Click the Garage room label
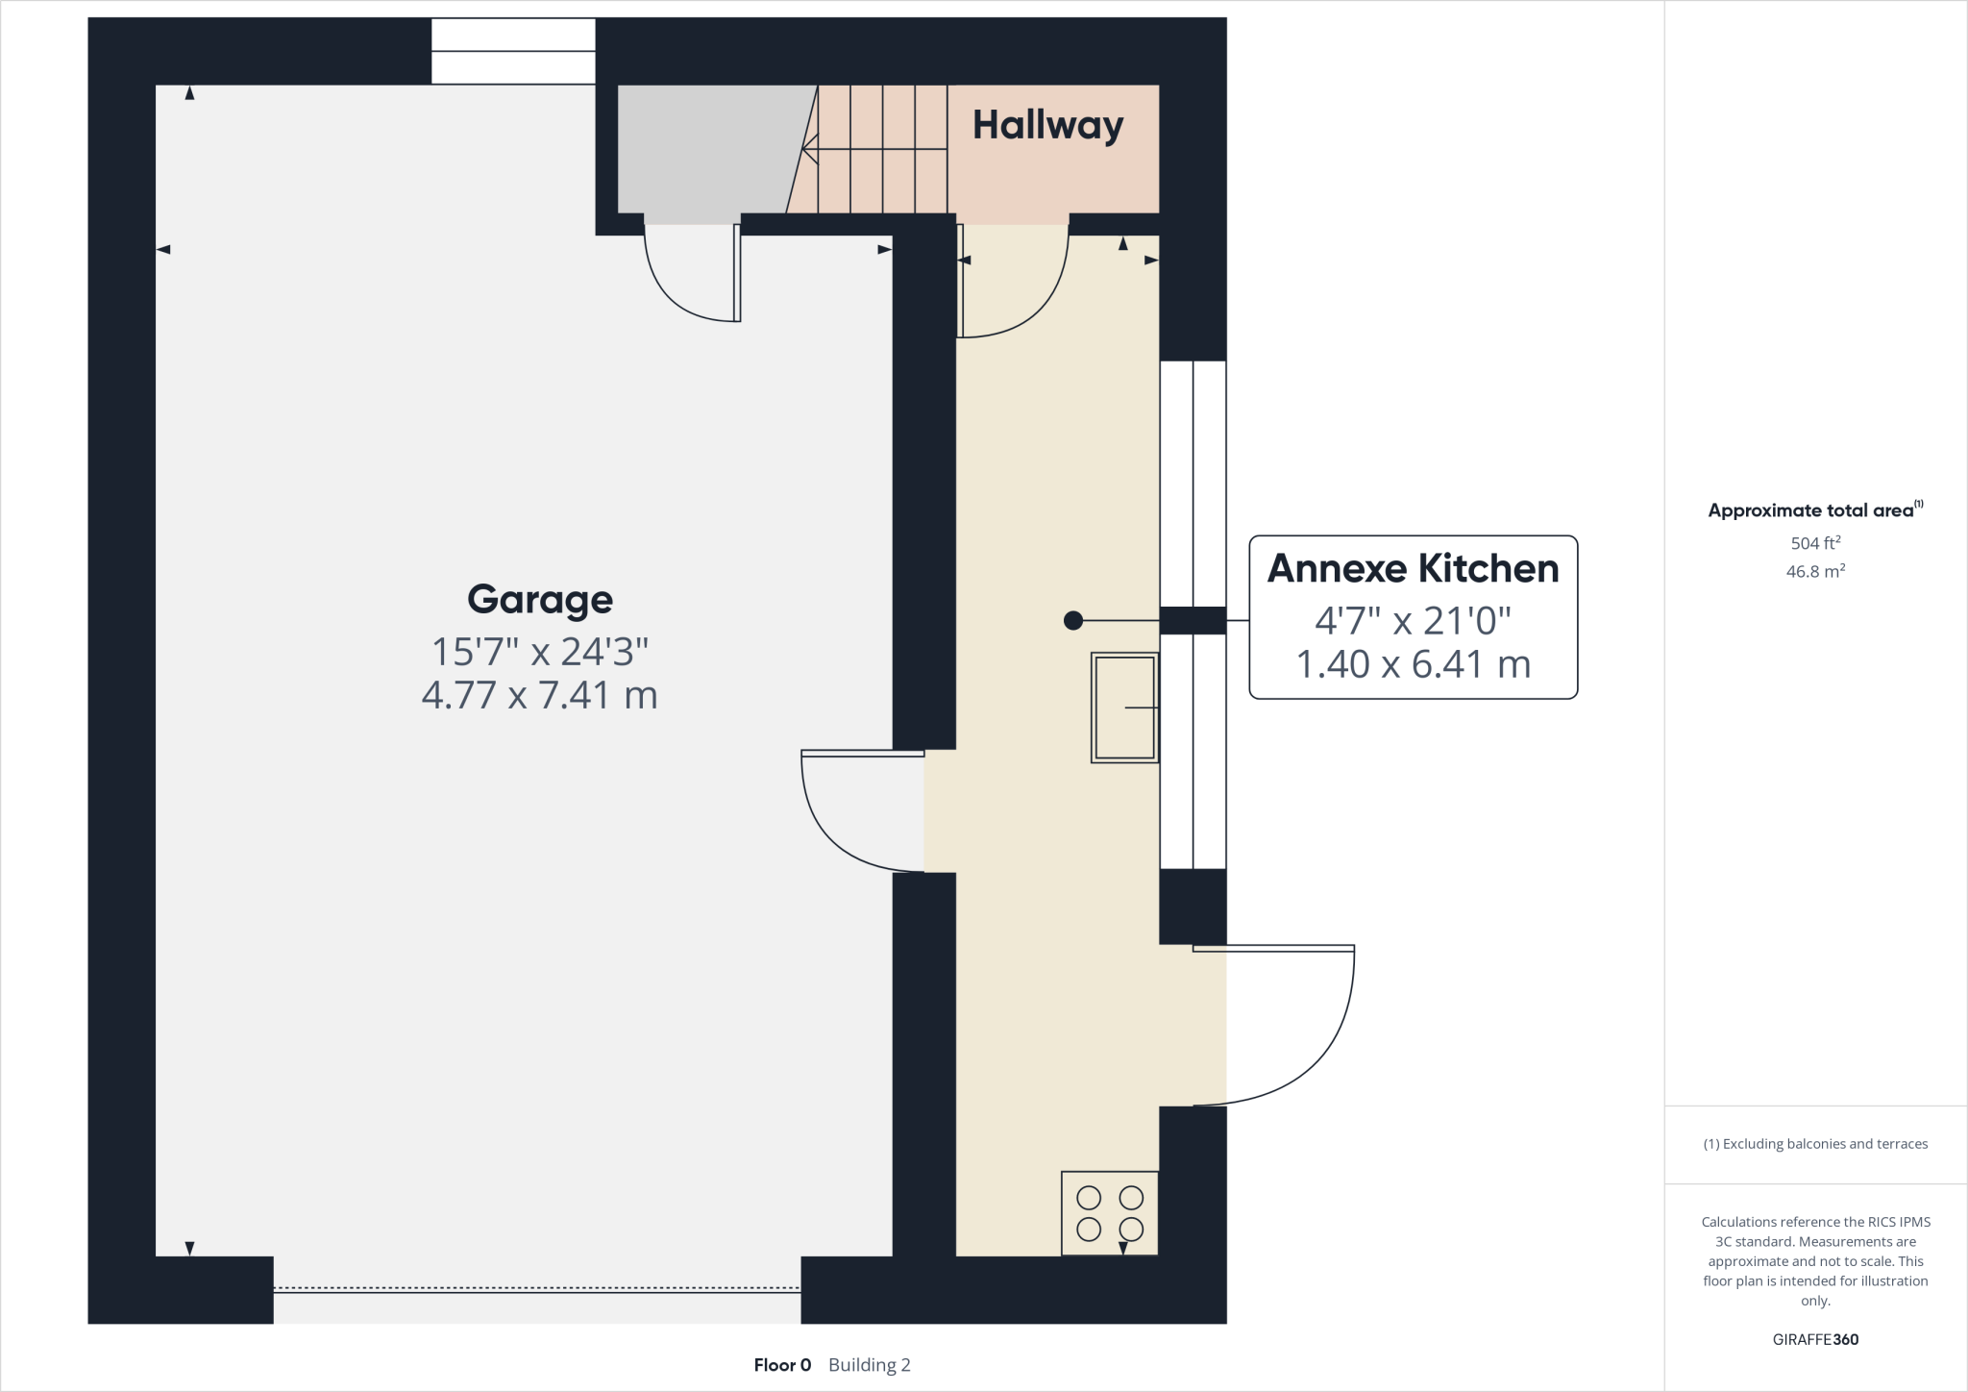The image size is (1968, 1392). tap(539, 599)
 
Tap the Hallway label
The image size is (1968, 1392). tap(1047, 125)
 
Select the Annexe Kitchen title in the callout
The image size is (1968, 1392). tap(1413, 568)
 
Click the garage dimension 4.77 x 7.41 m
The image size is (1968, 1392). tap(539, 695)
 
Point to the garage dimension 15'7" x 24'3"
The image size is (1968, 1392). tap(539, 652)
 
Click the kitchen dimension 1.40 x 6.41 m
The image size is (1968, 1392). tap(1413, 664)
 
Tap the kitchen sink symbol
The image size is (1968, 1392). tap(1124, 708)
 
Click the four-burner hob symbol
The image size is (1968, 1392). tap(1109, 1212)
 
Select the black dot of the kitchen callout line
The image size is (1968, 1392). tap(1073, 621)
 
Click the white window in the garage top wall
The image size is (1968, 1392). tap(513, 51)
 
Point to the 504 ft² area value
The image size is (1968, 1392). tap(1815, 543)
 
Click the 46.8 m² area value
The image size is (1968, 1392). tap(1815, 571)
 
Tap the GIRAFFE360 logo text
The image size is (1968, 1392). tap(1815, 1339)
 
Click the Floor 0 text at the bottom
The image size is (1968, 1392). tap(782, 1365)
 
